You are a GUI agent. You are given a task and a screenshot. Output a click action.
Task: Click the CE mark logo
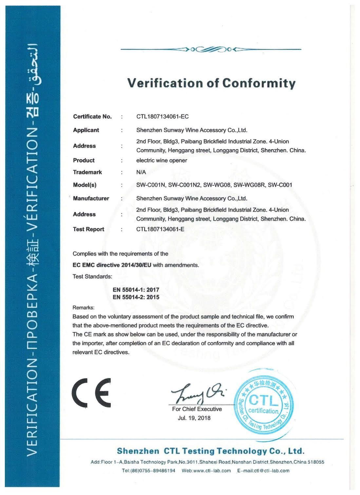91,393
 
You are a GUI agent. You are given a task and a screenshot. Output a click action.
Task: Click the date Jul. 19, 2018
194,418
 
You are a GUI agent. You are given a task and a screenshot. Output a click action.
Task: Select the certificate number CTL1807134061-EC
162,117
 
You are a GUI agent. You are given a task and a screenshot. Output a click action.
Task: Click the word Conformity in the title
259,83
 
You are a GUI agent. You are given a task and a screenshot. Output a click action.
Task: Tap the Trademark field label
87,172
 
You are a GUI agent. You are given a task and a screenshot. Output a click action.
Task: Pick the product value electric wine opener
161,160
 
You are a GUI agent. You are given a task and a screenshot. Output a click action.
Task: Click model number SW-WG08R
249,185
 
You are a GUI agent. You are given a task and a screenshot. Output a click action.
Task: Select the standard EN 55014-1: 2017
136,290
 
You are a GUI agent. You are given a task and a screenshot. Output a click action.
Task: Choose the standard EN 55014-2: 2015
136,297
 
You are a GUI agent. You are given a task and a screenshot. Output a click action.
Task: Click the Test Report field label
88,229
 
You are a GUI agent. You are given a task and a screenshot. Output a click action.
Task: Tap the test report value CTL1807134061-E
160,229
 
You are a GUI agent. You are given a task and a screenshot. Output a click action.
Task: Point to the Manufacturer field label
91,198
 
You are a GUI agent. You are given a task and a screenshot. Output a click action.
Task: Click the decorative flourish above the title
211,50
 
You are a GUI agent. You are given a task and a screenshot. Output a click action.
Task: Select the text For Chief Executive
197,409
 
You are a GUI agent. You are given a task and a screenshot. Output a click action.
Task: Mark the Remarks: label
83,308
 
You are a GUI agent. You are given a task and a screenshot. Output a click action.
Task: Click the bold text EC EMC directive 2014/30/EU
112,265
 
